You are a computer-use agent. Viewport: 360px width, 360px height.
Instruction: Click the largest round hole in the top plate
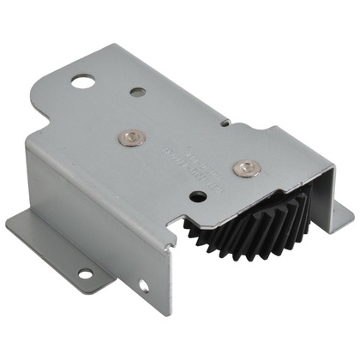[x=83, y=82]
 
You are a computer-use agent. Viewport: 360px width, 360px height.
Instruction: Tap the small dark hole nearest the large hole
[x=137, y=90]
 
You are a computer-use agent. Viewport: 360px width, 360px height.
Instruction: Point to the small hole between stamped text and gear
[x=199, y=196]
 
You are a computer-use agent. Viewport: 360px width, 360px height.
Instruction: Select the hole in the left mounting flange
[x=84, y=274]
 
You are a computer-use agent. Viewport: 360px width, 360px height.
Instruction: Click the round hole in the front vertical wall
[x=143, y=286]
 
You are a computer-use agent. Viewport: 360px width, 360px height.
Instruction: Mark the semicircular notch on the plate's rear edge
[x=225, y=123]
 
